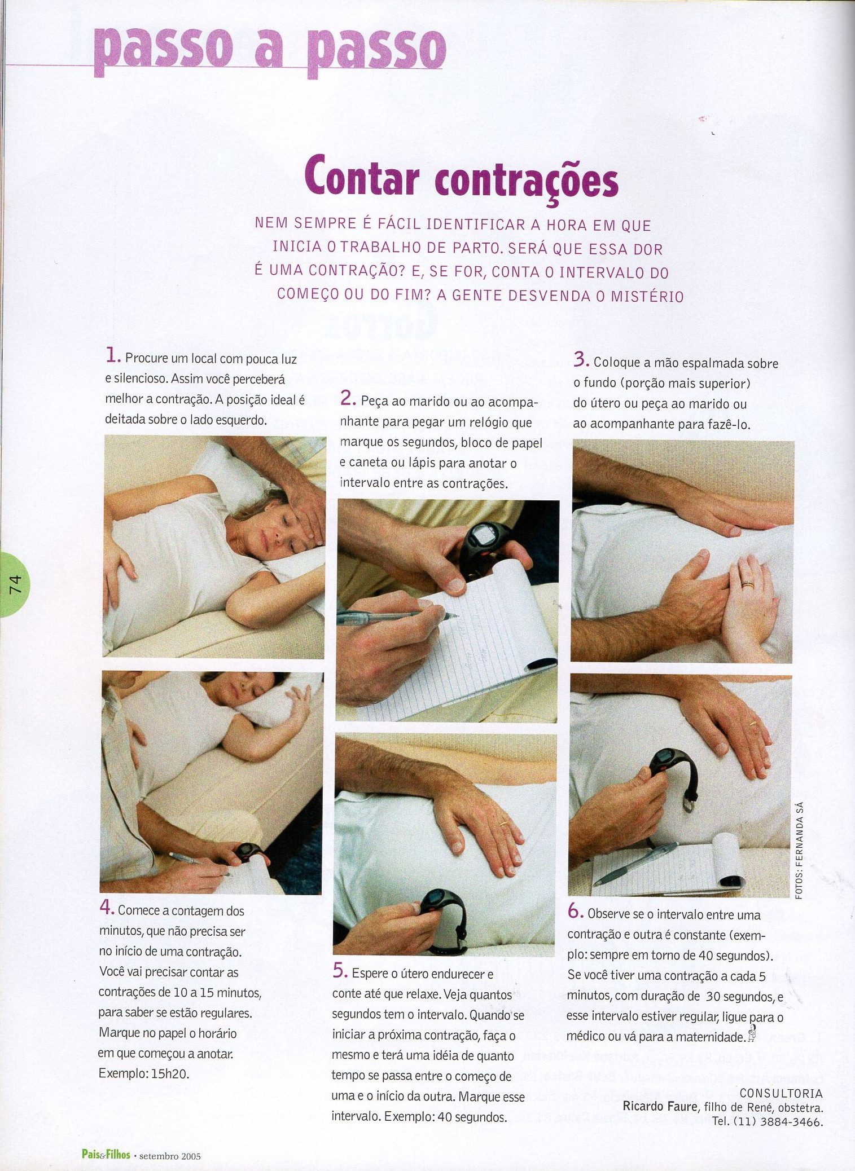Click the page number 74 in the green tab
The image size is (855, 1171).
15,584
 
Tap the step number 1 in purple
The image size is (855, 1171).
113,356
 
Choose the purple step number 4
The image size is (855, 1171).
107,906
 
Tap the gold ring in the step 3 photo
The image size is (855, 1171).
747,584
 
